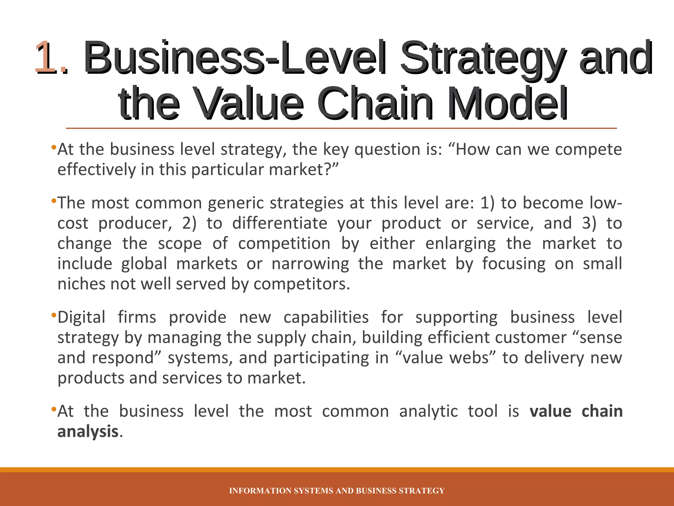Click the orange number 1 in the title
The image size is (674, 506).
[47, 57]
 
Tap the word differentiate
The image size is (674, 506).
[280, 223]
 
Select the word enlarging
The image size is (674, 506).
[460, 244]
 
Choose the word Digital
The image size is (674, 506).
[82, 318]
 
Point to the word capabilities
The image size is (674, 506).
[326, 318]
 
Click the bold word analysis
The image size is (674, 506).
[88, 432]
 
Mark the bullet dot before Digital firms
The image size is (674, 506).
[54, 316]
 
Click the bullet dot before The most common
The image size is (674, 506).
[54, 201]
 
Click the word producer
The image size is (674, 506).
[135, 223]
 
